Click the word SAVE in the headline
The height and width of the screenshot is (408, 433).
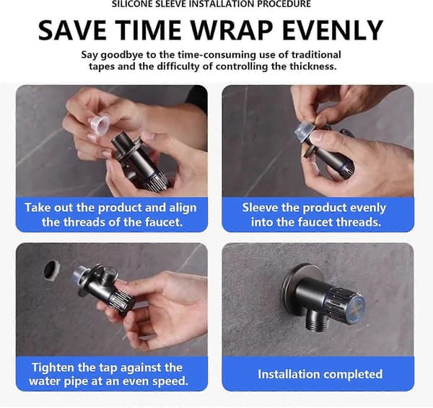[x=72, y=30]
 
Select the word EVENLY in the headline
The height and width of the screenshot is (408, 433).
[x=333, y=30]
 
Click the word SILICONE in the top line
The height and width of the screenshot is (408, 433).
[x=130, y=4]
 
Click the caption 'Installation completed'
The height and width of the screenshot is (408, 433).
[x=320, y=374]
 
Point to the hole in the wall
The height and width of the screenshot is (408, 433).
[x=52, y=270]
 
